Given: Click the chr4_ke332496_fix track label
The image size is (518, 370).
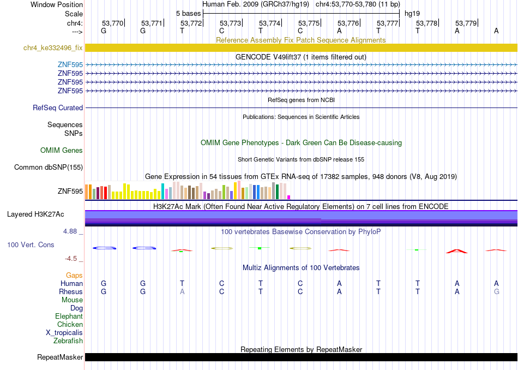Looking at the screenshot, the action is [53, 47].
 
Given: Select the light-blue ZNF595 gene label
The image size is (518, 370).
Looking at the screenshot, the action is [70, 64].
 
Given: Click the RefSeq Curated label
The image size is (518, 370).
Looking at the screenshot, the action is [58, 108].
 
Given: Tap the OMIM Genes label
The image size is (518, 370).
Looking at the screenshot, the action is [62, 151].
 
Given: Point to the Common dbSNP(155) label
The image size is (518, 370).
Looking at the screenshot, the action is [49, 168].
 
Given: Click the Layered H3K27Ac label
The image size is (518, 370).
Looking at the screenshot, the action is [35, 214].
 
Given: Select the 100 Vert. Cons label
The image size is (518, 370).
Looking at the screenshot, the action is [31, 244].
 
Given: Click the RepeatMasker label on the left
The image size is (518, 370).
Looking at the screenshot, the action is [60, 357].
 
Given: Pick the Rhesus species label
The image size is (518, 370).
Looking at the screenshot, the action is [71, 291].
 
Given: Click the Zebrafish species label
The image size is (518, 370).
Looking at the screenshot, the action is [68, 341].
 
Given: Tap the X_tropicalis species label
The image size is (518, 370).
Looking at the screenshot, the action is [64, 333].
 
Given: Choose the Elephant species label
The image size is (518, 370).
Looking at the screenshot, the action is [69, 316].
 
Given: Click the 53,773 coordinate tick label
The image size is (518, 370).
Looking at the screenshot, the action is [230, 23].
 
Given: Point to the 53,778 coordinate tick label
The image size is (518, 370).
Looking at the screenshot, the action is [426, 23].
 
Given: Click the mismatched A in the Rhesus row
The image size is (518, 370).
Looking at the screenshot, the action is [182, 291].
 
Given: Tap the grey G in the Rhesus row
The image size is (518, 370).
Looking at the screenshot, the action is [497, 291].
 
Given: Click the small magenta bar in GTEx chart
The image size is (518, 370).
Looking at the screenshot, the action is [289, 197].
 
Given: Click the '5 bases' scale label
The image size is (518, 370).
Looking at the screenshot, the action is [188, 14].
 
